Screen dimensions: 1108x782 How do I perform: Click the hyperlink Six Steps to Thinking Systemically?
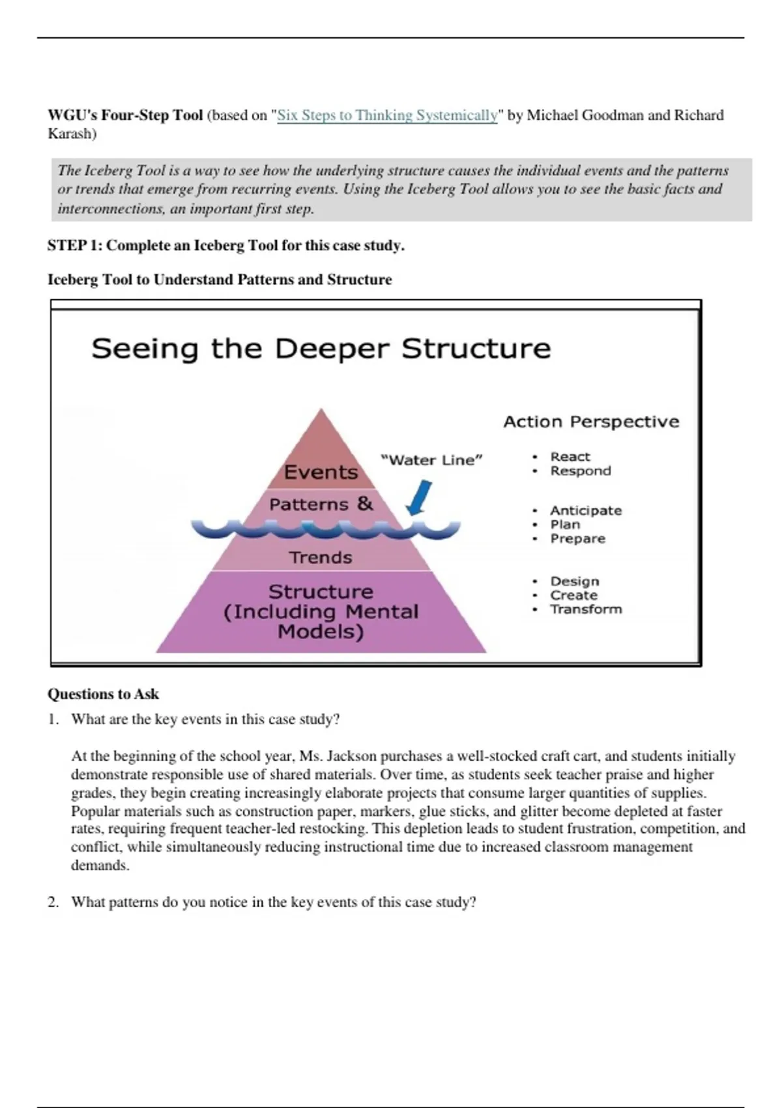(x=387, y=115)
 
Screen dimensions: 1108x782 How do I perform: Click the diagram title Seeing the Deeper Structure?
(x=321, y=348)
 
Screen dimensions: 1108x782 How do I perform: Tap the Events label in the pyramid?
(x=321, y=472)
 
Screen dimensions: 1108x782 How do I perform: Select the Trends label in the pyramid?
(x=321, y=558)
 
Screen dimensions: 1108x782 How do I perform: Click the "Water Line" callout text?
(x=431, y=460)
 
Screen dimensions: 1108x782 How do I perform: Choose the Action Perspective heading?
(x=591, y=422)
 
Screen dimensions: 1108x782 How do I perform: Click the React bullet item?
(x=570, y=457)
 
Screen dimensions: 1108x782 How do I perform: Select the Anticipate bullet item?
(x=586, y=510)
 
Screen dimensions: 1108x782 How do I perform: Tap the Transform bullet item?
(x=586, y=609)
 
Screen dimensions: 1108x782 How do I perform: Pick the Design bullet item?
(x=574, y=581)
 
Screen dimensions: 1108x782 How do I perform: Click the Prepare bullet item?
(x=577, y=539)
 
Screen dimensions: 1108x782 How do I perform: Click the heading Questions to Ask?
(x=103, y=694)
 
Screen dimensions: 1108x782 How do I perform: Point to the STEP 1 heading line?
(x=225, y=246)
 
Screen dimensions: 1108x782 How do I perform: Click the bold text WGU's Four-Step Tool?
(x=125, y=115)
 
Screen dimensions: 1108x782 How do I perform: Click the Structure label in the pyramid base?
(x=321, y=592)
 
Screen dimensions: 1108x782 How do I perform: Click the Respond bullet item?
(x=580, y=471)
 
